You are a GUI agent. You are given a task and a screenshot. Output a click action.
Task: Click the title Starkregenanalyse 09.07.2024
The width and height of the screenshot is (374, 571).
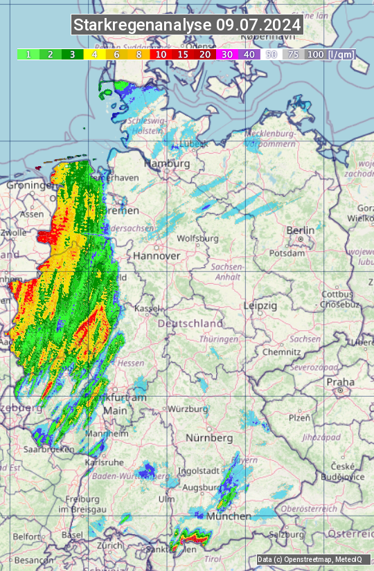click(x=187, y=26)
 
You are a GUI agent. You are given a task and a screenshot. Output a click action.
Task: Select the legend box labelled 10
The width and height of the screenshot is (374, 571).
click(x=161, y=54)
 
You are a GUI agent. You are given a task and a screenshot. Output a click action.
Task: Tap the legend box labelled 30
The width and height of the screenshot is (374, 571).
click(x=226, y=54)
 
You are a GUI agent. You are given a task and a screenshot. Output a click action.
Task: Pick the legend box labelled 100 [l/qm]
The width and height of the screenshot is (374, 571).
click(x=330, y=54)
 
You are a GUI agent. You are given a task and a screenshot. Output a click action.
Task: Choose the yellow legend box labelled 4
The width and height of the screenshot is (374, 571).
click(x=94, y=54)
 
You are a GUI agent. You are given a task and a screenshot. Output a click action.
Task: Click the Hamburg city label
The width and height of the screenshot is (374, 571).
click(x=166, y=164)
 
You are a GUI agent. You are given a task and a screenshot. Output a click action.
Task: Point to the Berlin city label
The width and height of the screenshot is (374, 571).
click(x=300, y=230)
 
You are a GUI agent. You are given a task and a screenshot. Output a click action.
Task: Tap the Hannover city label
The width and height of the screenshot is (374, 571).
click(x=157, y=256)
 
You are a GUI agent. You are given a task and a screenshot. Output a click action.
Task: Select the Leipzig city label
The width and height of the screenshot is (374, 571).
click(x=260, y=305)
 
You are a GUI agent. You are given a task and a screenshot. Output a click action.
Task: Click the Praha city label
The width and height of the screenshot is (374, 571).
click(x=340, y=382)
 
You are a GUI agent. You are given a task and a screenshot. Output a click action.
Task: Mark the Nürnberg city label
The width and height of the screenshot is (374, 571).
click(x=209, y=438)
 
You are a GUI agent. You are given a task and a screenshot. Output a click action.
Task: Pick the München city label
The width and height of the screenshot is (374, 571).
click(x=229, y=516)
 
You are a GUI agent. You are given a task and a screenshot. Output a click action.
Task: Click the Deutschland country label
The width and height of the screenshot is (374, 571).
click(x=190, y=324)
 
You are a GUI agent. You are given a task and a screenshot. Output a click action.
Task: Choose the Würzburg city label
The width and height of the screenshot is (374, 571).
click(x=188, y=409)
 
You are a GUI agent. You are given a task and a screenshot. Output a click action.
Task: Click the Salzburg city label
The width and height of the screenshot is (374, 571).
click(x=287, y=535)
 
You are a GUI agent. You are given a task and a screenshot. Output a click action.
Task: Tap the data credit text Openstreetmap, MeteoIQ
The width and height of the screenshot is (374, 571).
click(x=309, y=559)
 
